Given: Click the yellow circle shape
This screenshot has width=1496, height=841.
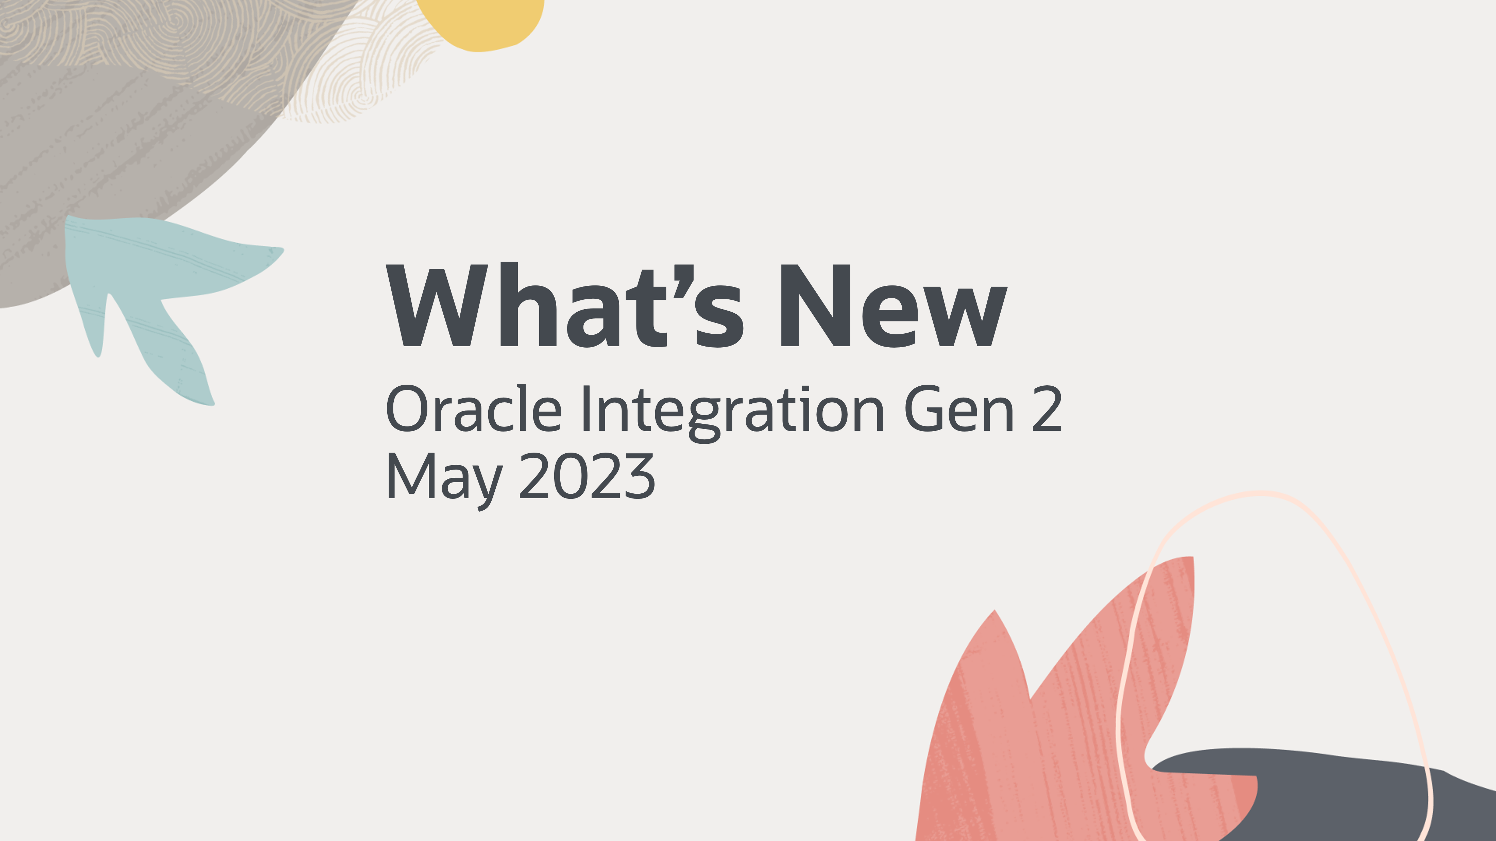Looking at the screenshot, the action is pyautogui.click(x=480, y=21).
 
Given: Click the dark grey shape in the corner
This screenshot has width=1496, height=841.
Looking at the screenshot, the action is pyautogui.click(x=1336, y=795).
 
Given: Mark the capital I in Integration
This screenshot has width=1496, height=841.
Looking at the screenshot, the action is pyautogui.click(x=586, y=408).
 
